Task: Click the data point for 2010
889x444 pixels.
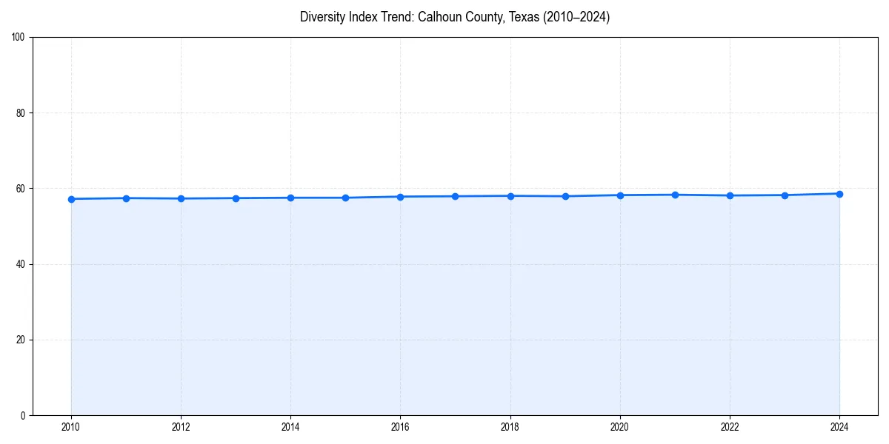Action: [x=71, y=199]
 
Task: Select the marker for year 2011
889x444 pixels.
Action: [x=126, y=198]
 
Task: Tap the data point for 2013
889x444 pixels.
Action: [x=236, y=198]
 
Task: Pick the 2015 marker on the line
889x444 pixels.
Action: [x=345, y=198]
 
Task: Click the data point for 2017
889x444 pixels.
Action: [x=455, y=196]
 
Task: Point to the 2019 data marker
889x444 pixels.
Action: [x=565, y=196]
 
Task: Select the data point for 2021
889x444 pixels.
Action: [x=675, y=195]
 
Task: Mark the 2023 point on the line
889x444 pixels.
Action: [x=785, y=195]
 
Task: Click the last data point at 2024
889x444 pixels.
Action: [x=839, y=194]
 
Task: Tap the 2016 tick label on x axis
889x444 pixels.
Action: [x=400, y=427]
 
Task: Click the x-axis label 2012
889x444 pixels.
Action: [x=181, y=427]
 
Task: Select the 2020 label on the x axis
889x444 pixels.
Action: [x=620, y=427]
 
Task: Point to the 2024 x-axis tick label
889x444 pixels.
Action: [x=839, y=427]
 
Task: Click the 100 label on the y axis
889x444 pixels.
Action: [x=19, y=38]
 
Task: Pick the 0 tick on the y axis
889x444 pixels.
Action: [x=24, y=415]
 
